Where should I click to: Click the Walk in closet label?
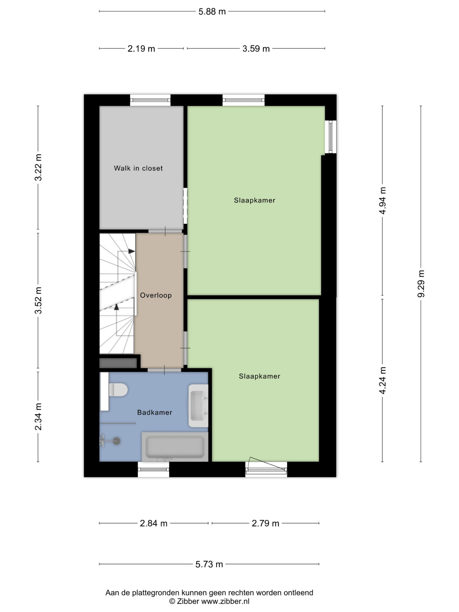click(x=138, y=168)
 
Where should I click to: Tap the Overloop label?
click(x=156, y=295)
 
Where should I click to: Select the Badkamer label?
click(x=155, y=413)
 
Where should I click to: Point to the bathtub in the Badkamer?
click(x=175, y=447)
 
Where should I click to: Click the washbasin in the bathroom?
click(x=198, y=406)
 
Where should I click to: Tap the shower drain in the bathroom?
click(x=116, y=441)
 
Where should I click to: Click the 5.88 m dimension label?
click(x=212, y=12)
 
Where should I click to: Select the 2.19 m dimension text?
click(x=141, y=49)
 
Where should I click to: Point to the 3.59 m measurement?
click(x=256, y=49)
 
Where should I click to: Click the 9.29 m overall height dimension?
click(x=421, y=284)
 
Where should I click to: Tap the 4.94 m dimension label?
click(x=382, y=201)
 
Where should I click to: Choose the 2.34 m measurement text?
click(x=38, y=417)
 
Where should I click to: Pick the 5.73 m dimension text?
click(x=209, y=564)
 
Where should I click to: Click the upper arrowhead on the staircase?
click(x=132, y=251)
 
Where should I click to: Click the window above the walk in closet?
click(x=150, y=100)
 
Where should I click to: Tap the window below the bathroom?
click(x=153, y=469)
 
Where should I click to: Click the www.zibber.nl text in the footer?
click(x=225, y=601)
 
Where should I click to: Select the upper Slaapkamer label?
click(x=255, y=200)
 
